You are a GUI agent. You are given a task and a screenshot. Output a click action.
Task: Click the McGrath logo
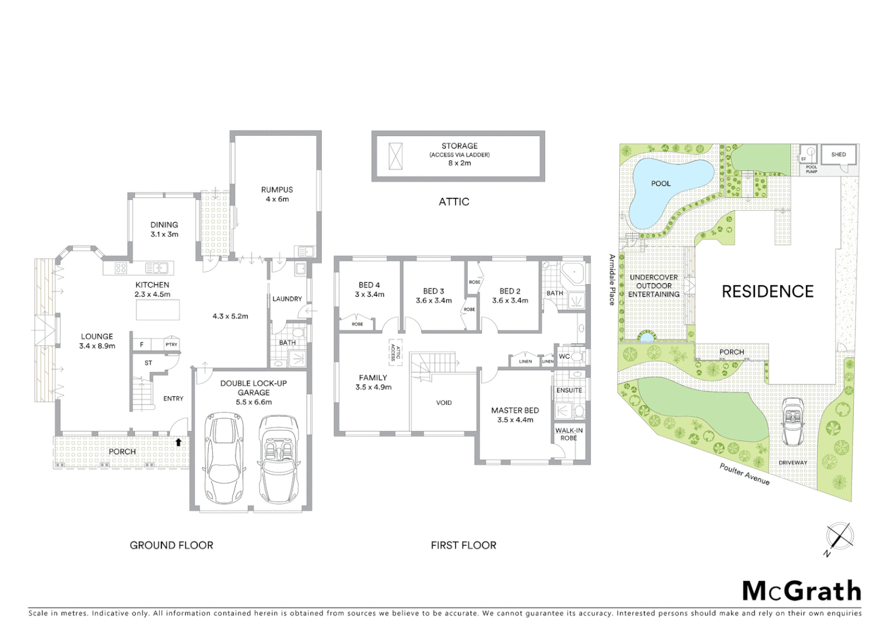coord(801,591)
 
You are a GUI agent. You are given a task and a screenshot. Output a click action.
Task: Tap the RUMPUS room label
coord(277,190)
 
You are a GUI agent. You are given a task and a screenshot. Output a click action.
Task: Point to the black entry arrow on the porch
coord(178,442)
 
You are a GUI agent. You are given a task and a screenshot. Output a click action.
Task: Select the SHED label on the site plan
coord(838,155)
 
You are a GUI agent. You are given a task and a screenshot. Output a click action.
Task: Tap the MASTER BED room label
coord(515,410)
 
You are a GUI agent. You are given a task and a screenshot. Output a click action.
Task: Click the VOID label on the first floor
coord(444,402)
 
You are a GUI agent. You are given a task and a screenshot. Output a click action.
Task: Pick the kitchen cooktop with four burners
coord(121,268)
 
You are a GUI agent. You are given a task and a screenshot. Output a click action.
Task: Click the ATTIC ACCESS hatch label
coord(395,351)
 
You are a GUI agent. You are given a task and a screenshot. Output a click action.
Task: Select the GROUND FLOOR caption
coord(171,545)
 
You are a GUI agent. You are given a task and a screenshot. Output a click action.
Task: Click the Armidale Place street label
coord(612,279)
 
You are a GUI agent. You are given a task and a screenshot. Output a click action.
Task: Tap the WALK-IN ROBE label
coord(569,434)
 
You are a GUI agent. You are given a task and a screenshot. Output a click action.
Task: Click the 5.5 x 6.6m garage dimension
coord(254,402)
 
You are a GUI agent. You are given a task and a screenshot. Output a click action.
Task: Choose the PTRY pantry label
coord(171,345)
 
